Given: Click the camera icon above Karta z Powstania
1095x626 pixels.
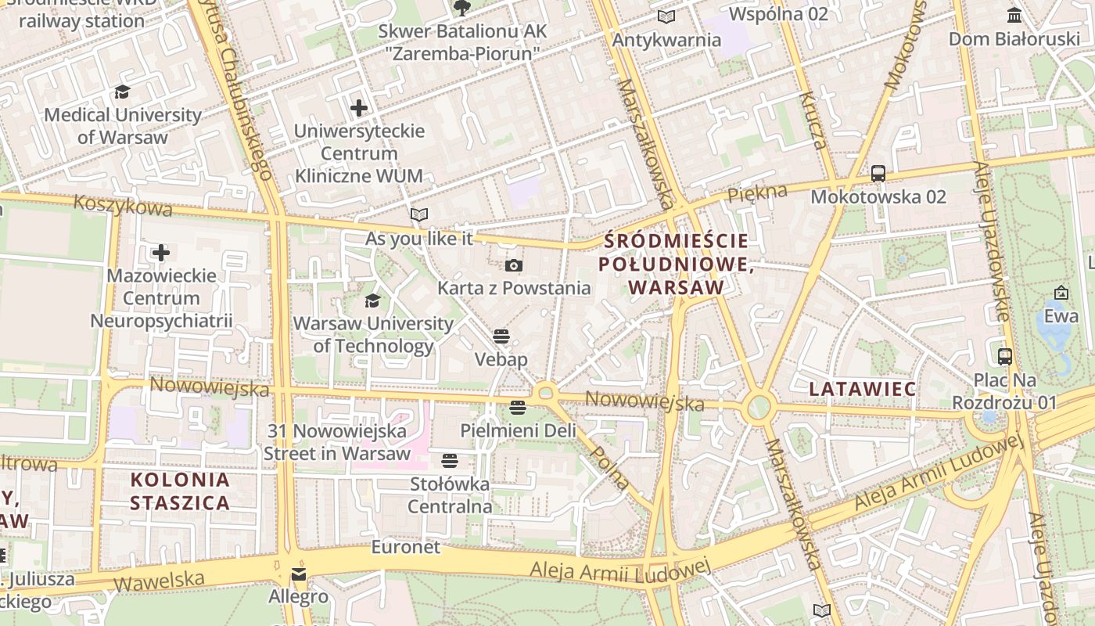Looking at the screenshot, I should (513, 266).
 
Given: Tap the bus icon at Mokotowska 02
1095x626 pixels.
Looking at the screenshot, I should (878, 174).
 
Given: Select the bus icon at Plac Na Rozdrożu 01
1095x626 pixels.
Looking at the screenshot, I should (1005, 357).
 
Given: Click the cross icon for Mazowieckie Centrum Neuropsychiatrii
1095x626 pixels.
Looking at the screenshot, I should (161, 253).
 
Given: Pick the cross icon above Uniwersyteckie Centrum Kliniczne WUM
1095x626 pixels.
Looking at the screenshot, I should (359, 108).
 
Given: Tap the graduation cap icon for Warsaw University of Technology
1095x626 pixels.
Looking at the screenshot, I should (372, 301).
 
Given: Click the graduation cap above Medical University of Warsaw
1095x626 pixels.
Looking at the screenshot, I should (122, 92).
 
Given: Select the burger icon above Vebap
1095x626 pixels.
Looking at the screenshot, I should (501, 337).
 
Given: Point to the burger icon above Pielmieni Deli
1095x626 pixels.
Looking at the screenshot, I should (517, 408).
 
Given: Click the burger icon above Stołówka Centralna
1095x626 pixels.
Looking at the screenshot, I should (450, 461).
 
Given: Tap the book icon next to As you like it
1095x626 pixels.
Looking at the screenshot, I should (419, 214).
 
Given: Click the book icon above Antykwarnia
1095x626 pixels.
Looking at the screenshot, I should (666, 16).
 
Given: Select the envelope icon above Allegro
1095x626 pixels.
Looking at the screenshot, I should (298, 575).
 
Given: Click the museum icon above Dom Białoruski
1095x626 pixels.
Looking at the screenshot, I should (1014, 15).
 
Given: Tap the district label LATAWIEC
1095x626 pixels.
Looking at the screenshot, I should (862, 389).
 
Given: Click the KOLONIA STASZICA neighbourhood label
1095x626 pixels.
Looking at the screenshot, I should (180, 491).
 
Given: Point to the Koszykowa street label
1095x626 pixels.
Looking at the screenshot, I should (123, 206).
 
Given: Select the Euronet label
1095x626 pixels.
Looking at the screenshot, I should (406, 547).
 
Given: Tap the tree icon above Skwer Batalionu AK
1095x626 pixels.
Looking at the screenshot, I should (462, 8).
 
